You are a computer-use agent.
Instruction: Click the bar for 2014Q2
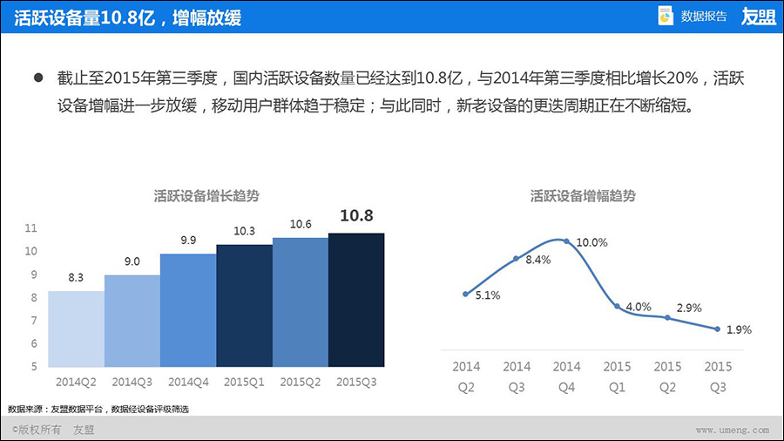76,329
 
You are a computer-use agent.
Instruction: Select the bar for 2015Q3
356,300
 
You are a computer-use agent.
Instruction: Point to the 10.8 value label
356,215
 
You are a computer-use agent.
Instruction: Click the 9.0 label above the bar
132,261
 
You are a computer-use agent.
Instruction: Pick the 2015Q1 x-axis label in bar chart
244,382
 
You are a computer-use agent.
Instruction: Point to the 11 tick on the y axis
31,228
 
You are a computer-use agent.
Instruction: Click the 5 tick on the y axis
31,366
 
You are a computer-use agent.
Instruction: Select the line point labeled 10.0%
567,241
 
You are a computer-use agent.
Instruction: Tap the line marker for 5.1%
466,294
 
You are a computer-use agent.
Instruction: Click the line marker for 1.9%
717,329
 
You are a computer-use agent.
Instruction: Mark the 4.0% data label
639,307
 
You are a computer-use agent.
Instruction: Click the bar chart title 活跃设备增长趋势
206,196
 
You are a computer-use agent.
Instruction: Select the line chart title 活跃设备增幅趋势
584,196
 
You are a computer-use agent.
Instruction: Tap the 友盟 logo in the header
758,16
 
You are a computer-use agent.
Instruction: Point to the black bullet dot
38,78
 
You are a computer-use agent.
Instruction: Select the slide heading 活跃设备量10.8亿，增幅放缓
128,17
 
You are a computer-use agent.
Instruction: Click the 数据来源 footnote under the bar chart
98,409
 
